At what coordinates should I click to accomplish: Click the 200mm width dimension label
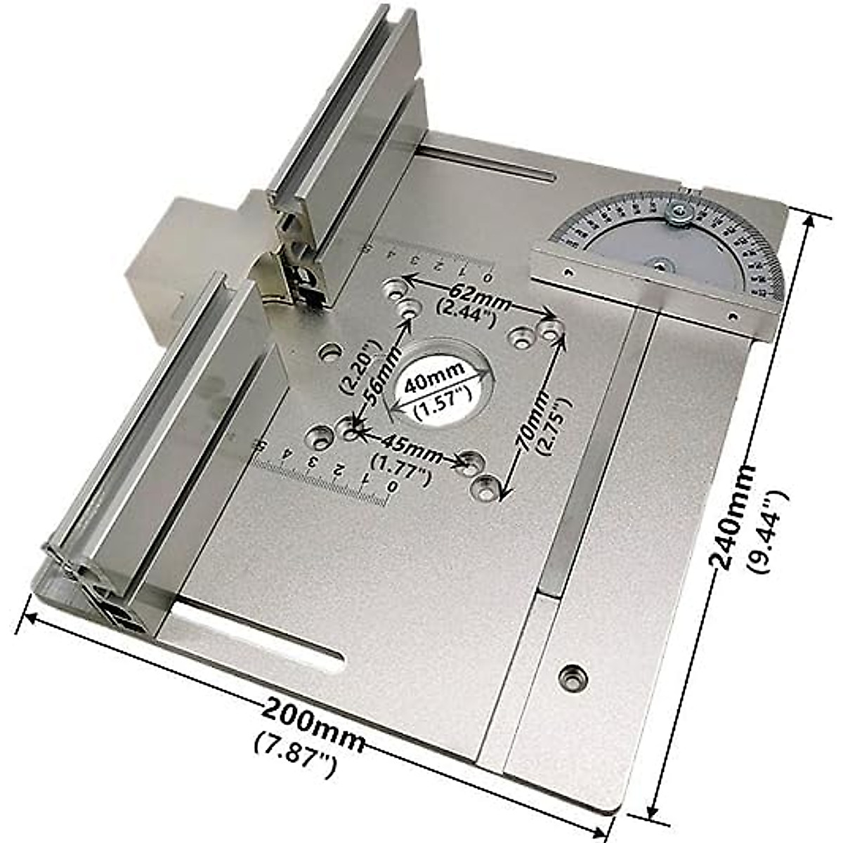pyautogui.click(x=313, y=719)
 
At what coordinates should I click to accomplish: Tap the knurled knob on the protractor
pyautogui.click(x=679, y=210)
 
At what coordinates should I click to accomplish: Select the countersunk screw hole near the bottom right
pyautogui.click(x=573, y=677)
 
